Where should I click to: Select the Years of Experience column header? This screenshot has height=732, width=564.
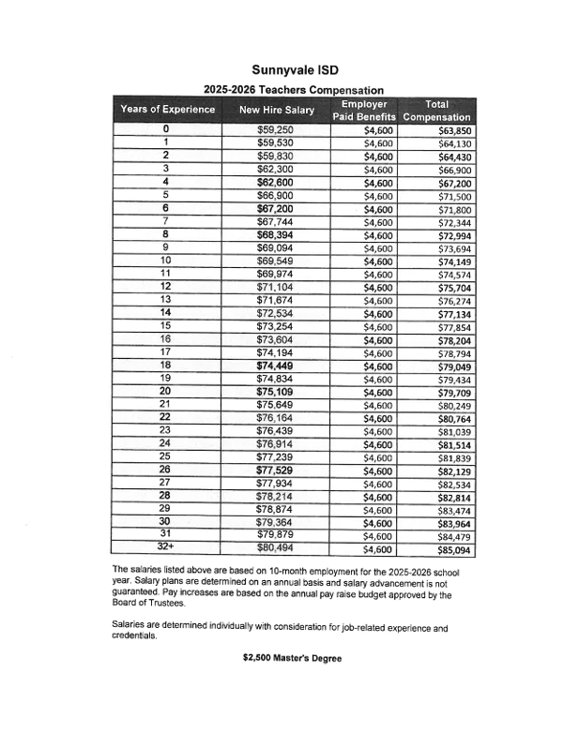168,110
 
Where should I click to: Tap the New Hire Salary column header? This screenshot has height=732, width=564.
277,111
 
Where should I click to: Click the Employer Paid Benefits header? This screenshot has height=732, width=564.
365,110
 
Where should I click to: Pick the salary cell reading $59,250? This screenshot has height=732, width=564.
276,130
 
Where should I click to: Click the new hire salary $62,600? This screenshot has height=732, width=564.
276,182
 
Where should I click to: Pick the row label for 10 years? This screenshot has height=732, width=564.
165,261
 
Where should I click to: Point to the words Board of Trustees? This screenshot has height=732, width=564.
150,605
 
